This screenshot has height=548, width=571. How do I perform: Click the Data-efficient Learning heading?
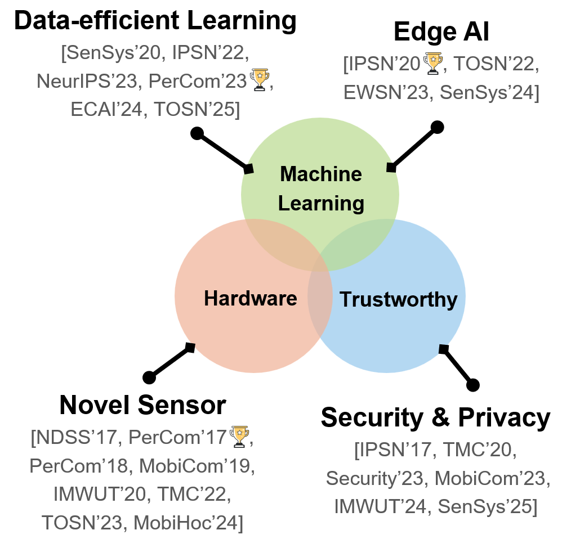pyautogui.click(x=155, y=21)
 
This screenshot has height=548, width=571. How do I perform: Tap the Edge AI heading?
pyautogui.click(x=441, y=32)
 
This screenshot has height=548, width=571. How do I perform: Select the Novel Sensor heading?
pyautogui.click(x=142, y=405)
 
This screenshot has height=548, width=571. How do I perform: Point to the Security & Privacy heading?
pyautogui.click(x=435, y=417)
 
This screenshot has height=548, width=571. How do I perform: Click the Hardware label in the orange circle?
pyautogui.click(x=250, y=298)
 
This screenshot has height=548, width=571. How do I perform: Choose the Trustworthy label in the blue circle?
pyautogui.click(x=398, y=299)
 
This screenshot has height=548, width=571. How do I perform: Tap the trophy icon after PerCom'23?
pyautogui.click(x=260, y=80)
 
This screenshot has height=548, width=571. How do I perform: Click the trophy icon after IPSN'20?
pyautogui.click(x=432, y=64)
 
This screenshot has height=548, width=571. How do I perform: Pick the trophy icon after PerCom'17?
pyautogui.click(x=239, y=437)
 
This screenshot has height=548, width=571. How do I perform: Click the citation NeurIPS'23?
pyautogui.click(x=87, y=82)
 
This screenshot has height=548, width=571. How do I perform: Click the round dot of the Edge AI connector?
pyautogui.click(x=437, y=127)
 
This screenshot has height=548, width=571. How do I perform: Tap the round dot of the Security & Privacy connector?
pyautogui.click(x=473, y=385)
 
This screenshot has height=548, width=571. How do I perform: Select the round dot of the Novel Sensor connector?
pyautogui.click(x=149, y=377)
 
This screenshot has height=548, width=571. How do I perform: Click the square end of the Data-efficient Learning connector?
pyautogui.click(x=248, y=168)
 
